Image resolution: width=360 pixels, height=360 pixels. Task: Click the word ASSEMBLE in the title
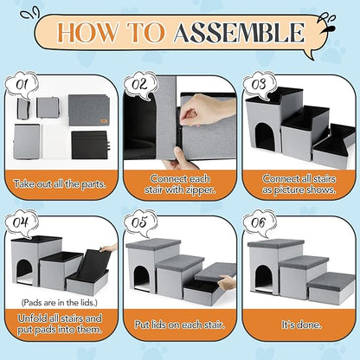pos(239,33)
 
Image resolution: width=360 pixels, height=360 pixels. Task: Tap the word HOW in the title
pos(88,32)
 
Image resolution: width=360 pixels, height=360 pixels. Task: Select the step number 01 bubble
pos(22,85)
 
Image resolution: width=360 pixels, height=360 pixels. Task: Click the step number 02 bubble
pos(140,85)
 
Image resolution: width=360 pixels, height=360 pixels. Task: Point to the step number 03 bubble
pos(259,85)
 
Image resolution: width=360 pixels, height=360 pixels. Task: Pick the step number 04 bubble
pos(22,222)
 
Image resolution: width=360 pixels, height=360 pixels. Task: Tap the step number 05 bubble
pos(140,222)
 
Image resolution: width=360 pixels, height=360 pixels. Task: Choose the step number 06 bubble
pos(259,222)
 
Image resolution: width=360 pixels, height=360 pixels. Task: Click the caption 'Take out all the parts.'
pos(60,184)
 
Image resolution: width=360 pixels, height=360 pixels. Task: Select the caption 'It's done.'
pos(301,325)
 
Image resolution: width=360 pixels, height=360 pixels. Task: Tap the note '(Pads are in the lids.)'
pos(59,303)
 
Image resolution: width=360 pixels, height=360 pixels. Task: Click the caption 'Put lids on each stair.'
pos(180,325)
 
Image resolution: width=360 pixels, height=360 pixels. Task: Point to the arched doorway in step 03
pos(265,136)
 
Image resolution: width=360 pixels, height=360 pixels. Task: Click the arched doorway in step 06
pos(264,279)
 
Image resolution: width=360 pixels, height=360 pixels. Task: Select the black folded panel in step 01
pos(89,145)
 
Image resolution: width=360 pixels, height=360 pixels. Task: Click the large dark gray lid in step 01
pos(89,110)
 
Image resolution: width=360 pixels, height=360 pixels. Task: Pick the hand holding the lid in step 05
pos(228,282)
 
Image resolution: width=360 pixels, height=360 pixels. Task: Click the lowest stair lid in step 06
pos(331,280)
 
